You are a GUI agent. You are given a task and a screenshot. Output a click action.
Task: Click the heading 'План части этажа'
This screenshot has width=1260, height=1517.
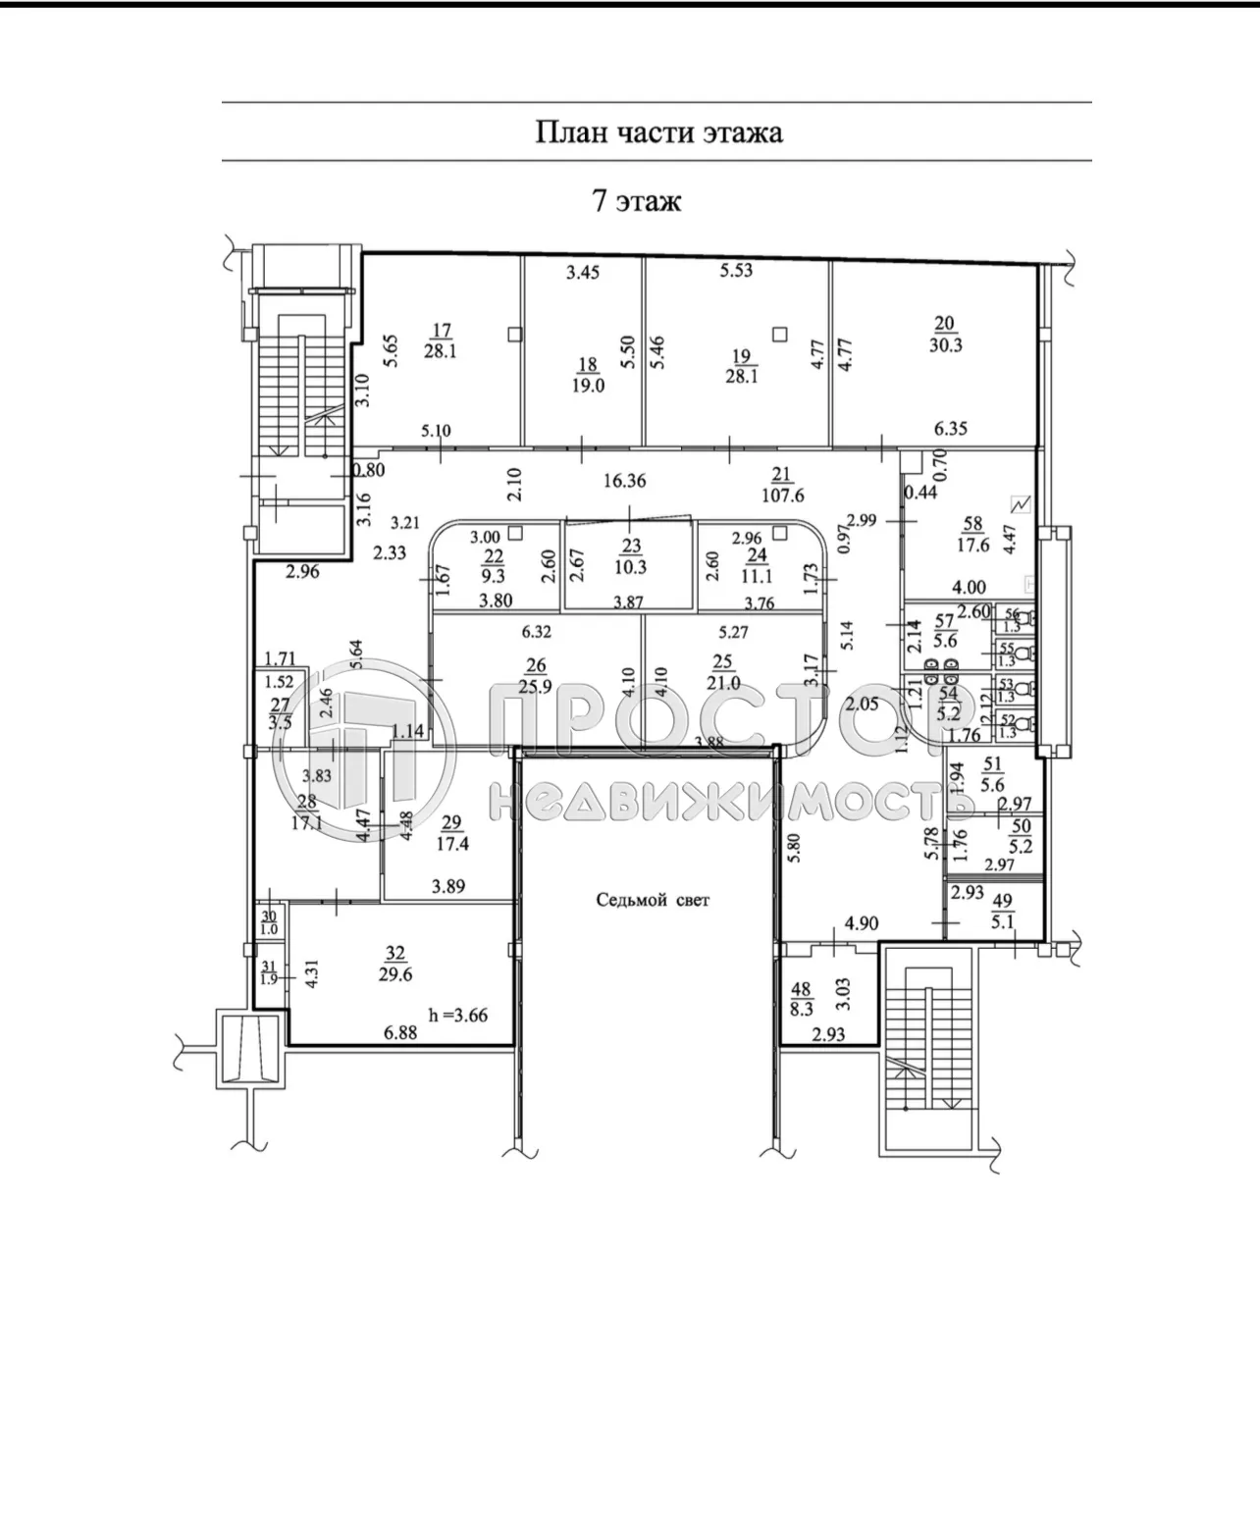[657, 132]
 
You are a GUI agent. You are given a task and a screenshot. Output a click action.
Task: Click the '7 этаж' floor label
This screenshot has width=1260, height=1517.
[636, 201]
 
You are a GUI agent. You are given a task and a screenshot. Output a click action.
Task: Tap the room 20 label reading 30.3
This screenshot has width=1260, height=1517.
[945, 335]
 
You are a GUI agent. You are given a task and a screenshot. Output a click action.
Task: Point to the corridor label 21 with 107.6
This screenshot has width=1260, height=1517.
[781, 484]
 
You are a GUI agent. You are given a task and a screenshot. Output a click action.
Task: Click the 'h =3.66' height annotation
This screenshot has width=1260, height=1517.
[458, 1016]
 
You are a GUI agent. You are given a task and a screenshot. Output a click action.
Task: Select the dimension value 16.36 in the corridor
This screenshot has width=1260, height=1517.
[624, 481]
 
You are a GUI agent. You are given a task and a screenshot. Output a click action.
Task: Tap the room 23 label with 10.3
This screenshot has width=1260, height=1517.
[631, 558]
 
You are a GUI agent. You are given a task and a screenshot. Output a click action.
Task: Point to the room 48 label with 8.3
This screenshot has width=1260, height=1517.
[801, 998]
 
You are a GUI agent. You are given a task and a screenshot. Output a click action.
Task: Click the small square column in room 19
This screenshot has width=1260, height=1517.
[779, 334]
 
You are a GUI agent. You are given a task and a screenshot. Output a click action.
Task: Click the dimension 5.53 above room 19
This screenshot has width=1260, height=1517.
[736, 270]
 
